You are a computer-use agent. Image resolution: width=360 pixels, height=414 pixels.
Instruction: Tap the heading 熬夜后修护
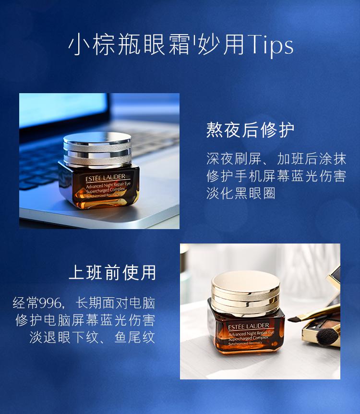tap(250, 130)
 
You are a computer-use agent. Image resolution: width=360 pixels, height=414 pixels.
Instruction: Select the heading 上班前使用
tap(112, 272)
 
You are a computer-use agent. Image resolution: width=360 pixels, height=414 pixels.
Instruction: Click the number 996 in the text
tap(50, 303)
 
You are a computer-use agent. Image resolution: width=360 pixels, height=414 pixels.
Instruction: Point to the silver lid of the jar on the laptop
tap(97, 149)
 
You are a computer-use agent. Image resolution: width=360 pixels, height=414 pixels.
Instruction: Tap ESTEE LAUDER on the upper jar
tap(105, 178)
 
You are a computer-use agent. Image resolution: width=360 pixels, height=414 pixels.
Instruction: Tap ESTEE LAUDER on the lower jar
tap(248, 326)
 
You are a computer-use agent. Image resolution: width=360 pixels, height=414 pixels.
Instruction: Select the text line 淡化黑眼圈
tap(240, 193)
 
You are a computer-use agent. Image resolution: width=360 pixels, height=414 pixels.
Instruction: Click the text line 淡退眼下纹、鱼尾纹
tap(92, 338)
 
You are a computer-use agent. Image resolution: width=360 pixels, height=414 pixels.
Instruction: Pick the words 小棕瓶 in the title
tap(104, 44)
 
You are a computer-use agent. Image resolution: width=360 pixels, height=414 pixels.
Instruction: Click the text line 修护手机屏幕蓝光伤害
tap(276, 176)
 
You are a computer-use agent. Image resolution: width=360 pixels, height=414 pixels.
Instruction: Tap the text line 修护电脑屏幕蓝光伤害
tap(85, 320)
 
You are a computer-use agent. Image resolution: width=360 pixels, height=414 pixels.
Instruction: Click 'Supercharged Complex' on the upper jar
tap(106, 191)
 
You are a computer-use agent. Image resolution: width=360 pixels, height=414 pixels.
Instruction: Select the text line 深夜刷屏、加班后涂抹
tap(276, 158)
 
